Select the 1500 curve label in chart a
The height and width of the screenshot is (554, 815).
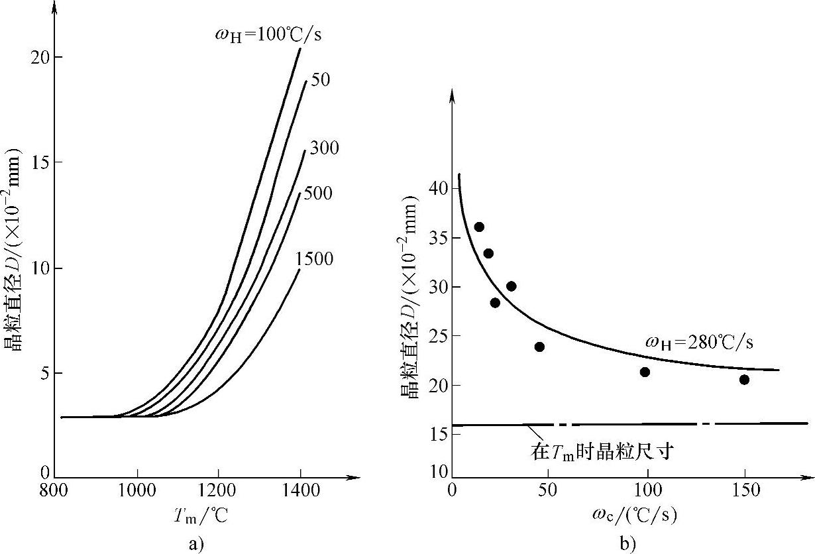point(315,258)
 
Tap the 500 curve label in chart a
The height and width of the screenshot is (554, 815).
point(318,194)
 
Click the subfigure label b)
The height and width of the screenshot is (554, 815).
point(627,544)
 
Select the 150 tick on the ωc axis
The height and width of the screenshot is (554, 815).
point(745,492)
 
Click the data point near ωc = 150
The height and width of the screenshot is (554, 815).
point(744,380)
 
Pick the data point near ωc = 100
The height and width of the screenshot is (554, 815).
point(645,372)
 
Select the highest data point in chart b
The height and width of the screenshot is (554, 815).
point(479,227)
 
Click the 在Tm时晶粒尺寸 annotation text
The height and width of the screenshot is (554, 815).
point(602,452)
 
